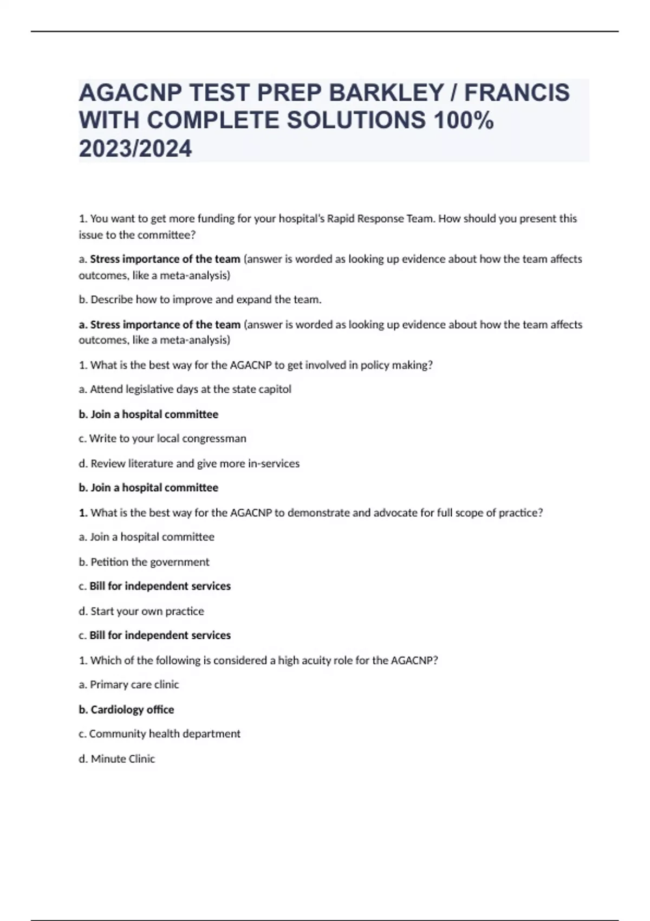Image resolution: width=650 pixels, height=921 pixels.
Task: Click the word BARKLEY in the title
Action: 386,93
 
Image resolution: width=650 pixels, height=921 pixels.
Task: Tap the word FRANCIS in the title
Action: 517,93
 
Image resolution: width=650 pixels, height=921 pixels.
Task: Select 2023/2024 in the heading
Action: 135,148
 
